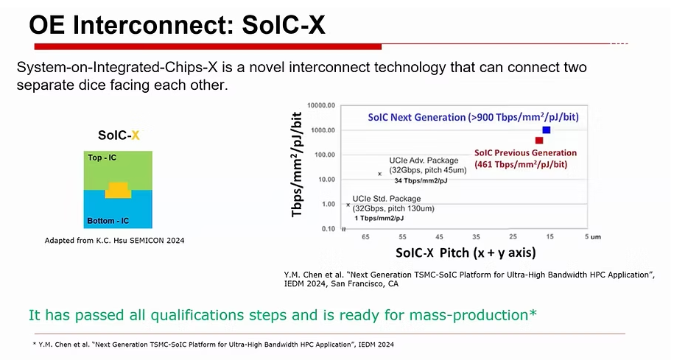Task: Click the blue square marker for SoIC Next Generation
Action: point(546,130)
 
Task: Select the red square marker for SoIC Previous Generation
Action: point(539,141)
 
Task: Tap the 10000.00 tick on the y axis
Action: point(320,106)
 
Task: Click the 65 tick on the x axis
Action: point(365,237)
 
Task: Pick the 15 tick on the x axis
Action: point(550,237)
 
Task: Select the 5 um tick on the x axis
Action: point(590,237)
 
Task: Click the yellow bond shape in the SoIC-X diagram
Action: point(119,189)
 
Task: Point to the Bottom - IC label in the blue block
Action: point(108,221)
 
